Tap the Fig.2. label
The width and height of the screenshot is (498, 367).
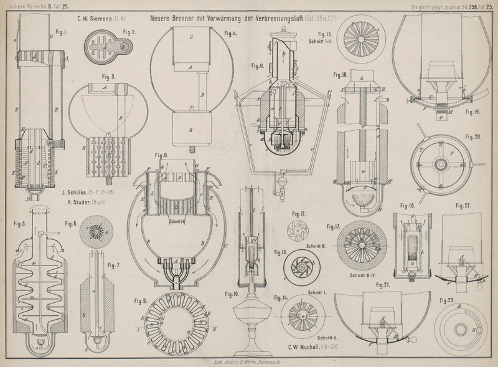[130, 32]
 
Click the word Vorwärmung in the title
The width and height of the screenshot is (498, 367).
[227, 19]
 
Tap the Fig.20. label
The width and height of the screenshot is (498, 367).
[473, 136]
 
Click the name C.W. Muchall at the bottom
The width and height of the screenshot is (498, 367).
[308, 347]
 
